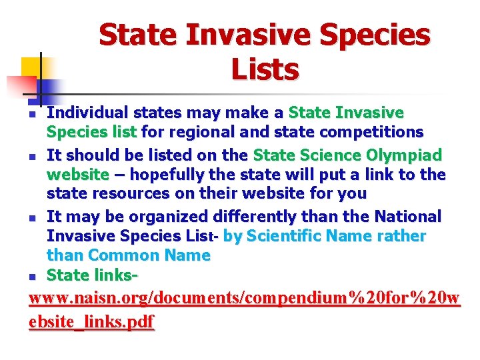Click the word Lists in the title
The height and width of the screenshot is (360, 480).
coord(265,69)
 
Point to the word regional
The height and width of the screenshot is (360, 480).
coord(189,132)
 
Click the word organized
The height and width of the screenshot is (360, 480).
coord(169,217)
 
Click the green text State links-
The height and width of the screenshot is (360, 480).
coord(93,275)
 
